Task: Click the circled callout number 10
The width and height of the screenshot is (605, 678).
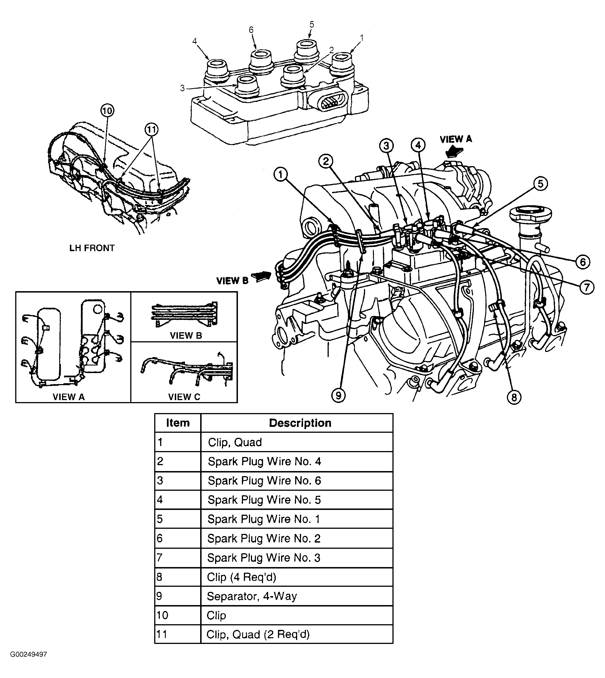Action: click(x=107, y=111)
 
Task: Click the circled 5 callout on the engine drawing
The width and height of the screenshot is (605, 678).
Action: click(x=540, y=184)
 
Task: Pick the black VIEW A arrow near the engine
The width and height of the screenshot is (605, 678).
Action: click(x=454, y=151)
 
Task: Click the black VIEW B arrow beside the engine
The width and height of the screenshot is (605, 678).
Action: click(x=261, y=276)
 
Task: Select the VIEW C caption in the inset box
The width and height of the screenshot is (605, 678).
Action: click(x=184, y=397)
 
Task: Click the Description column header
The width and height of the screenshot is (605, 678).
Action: click(x=300, y=423)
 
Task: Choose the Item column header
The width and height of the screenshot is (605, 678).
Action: click(x=178, y=423)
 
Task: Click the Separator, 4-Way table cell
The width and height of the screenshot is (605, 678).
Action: click(x=252, y=596)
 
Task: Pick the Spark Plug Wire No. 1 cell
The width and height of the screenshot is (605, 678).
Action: click(x=264, y=519)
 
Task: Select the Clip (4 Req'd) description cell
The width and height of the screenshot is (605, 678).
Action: click(x=241, y=577)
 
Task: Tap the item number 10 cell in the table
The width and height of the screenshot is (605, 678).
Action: click(x=163, y=615)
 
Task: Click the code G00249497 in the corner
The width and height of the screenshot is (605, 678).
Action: click(x=28, y=654)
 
